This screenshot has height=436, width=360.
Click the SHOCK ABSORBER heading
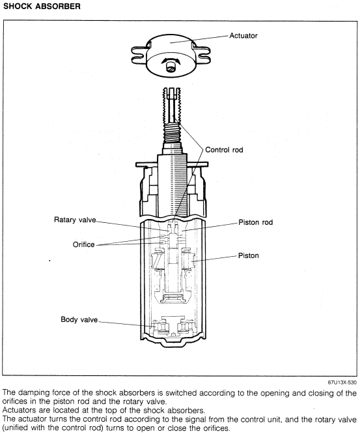42,6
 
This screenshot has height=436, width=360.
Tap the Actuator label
243,36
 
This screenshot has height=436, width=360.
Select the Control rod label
224,150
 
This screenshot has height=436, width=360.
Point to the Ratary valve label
75,220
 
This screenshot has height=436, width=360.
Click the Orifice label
83,244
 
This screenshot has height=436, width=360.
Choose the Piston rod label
256,222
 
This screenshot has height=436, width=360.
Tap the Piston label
248,255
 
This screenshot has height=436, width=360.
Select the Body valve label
79,319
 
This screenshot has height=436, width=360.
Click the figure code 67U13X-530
342,383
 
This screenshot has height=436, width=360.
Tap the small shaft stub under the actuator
171,68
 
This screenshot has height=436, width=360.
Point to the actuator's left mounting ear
139,55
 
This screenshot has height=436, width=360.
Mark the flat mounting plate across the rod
172,165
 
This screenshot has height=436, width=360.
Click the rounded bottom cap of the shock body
173,342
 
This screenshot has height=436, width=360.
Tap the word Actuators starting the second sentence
19,410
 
